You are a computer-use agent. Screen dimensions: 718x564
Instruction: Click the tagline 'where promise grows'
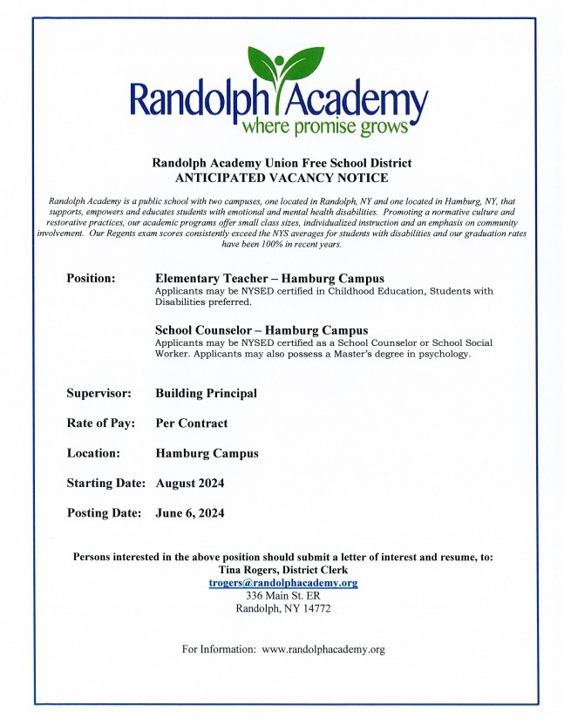point(324,127)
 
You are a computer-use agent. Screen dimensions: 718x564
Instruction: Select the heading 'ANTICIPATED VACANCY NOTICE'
point(282,178)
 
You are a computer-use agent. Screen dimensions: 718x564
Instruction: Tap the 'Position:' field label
point(91,278)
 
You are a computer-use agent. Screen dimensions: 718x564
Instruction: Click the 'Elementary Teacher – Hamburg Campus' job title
point(269,279)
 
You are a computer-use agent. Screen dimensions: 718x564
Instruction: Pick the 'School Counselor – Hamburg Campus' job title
point(262,330)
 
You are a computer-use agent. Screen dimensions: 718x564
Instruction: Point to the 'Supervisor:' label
point(99,393)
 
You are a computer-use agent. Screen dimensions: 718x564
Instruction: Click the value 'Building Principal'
point(206,393)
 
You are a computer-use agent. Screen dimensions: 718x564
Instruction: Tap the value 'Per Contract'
point(191,423)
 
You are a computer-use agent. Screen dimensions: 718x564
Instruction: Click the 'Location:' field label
point(96,453)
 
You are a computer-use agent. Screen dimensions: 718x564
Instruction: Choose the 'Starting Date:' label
point(107,483)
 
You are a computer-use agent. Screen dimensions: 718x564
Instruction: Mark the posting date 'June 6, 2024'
point(189,513)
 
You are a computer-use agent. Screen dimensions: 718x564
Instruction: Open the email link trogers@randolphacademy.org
point(283,582)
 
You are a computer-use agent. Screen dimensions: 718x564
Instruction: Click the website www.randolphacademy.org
point(323,649)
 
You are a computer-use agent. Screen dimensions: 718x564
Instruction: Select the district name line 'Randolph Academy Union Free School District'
point(282,163)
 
